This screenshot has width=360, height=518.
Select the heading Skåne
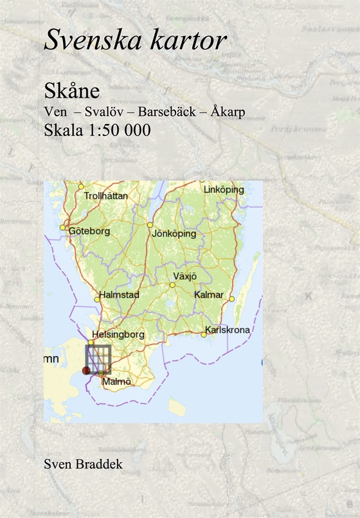click(x=66, y=91)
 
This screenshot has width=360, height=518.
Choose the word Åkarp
click(x=228, y=112)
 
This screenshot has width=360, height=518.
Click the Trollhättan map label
click(x=106, y=195)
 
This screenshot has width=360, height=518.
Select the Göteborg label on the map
click(x=89, y=231)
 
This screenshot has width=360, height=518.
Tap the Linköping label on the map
click(x=223, y=190)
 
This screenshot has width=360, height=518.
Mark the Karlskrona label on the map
click(x=227, y=331)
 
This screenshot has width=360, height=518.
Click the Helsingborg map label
click(x=118, y=335)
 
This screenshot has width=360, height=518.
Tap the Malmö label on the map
click(x=116, y=382)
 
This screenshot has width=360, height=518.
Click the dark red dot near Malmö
click(x=87, y=371)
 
